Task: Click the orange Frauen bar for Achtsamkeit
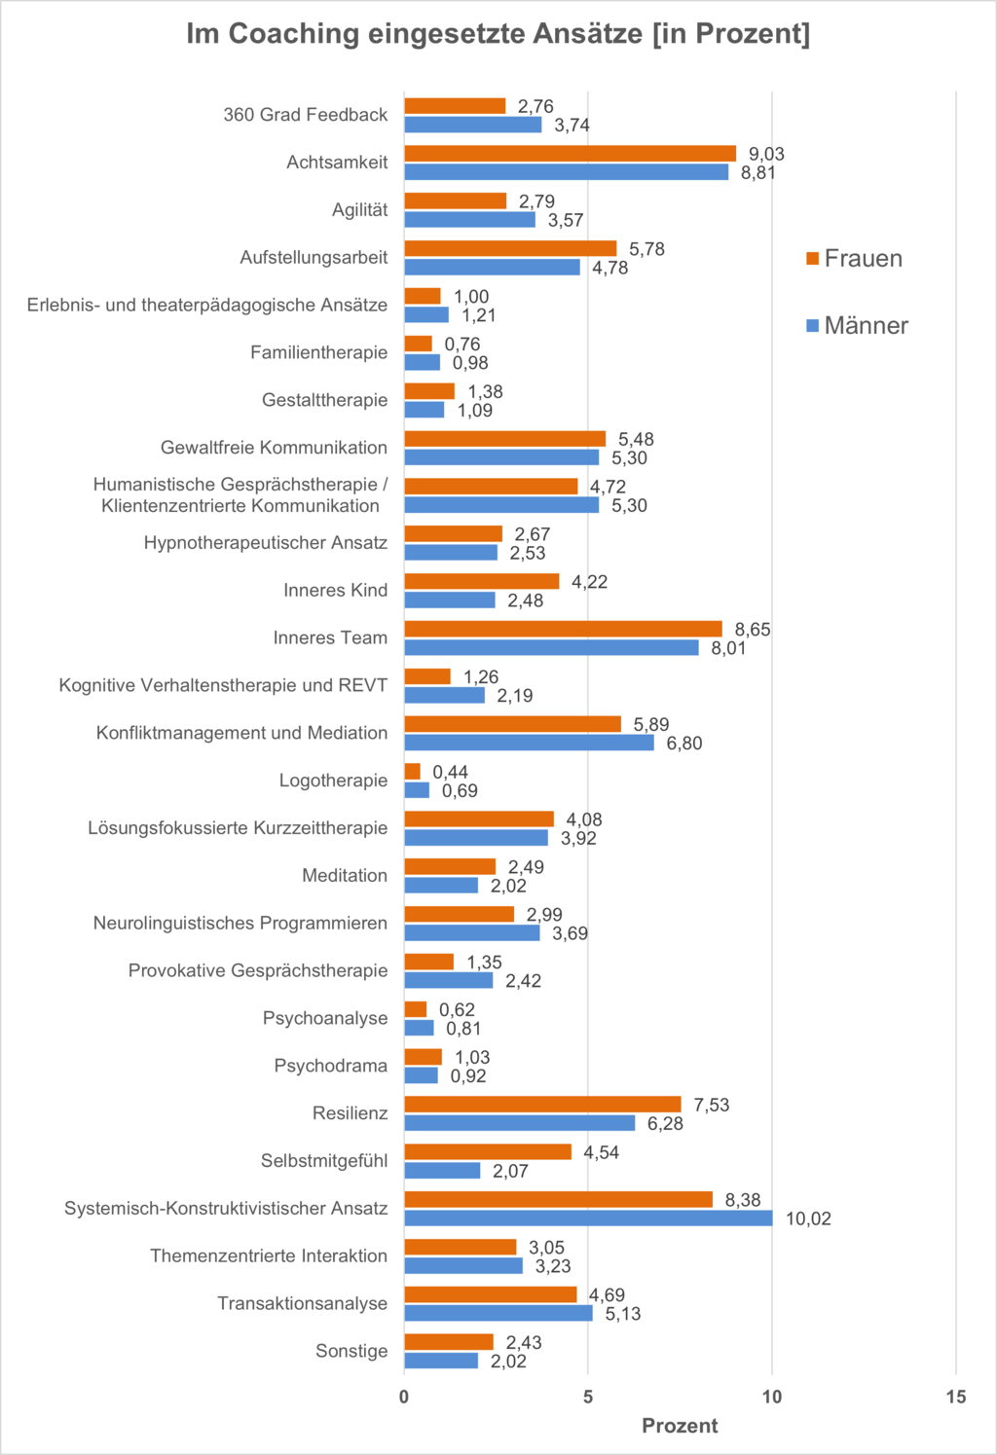click(x=570, y=154)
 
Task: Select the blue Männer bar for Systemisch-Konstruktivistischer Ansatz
click(x=588, y=1219)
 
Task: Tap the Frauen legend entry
click(x=854, y=259)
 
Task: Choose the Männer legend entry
click(x=857, y=326)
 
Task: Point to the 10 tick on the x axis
click(x=772, y=1398)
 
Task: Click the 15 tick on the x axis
click(x=956, y=1398)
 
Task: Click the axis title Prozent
click(x=680, y=1426)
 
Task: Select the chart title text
click(x=498, y=34)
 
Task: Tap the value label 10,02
click(x=808, y=1219)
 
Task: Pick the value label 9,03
click(x=766, y=154)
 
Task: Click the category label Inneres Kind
click(x=335, y=591)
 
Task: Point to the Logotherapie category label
click(x=333, y=781)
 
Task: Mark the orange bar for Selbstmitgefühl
click(x=488, y=1152)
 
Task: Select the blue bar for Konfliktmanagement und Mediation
click(x=529, y=743)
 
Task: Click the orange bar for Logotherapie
click(x=413, y=772)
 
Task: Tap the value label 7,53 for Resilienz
click(x=711, y=1105)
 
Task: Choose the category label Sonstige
click(x=351, y=1351)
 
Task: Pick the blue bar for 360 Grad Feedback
click(x=473, y=125)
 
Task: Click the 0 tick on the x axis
click(x=405, y=1398)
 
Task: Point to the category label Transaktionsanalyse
click(x=302, y=1303)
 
